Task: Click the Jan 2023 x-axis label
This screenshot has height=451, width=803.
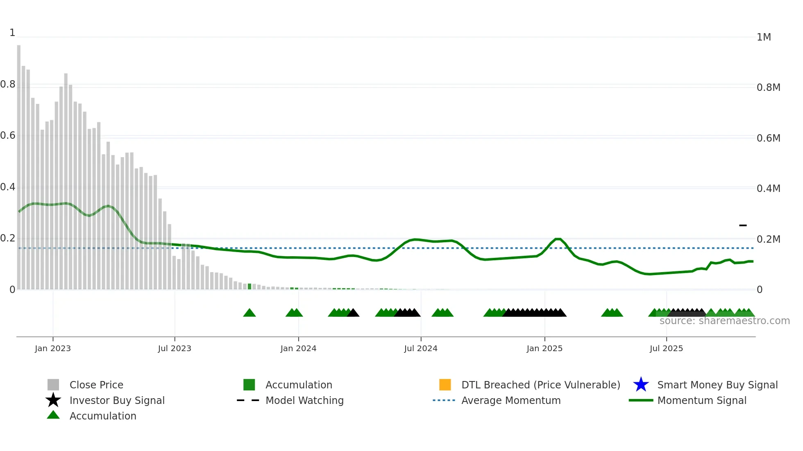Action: tap(53, 348)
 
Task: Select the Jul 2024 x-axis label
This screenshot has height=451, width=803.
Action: tap(421, 348)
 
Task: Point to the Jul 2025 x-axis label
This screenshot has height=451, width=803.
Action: tap(666, 348)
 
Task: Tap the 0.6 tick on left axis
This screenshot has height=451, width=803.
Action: tap(8, 135)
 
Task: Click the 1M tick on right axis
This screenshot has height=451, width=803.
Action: tap(764, 37)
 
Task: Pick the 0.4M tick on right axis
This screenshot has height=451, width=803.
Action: tap(768, 189)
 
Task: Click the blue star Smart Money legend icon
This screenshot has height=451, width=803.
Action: tap(641, 385)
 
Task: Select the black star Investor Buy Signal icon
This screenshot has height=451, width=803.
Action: tap(53, 400)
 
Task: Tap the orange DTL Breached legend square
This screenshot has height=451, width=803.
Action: tap(445, 385)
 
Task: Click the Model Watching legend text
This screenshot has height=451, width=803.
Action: tap(304, 400)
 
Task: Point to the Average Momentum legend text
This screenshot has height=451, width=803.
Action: tap(511, 400)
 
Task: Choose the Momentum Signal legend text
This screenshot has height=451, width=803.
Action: tap(702, 400)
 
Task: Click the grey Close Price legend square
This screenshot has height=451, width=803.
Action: tap(53, 385)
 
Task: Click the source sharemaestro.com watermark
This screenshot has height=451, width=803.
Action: tap(724, 321)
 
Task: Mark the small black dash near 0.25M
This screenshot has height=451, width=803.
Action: tap(743, 225)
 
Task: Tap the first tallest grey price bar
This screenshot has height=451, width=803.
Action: tap(19, 164)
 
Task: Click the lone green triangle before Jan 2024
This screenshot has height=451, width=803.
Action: tap(250, 313)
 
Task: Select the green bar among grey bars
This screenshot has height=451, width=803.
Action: tap(250, 286)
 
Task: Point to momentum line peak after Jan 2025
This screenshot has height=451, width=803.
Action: tap(558, 239)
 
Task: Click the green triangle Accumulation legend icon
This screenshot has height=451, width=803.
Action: tap(53, 415)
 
